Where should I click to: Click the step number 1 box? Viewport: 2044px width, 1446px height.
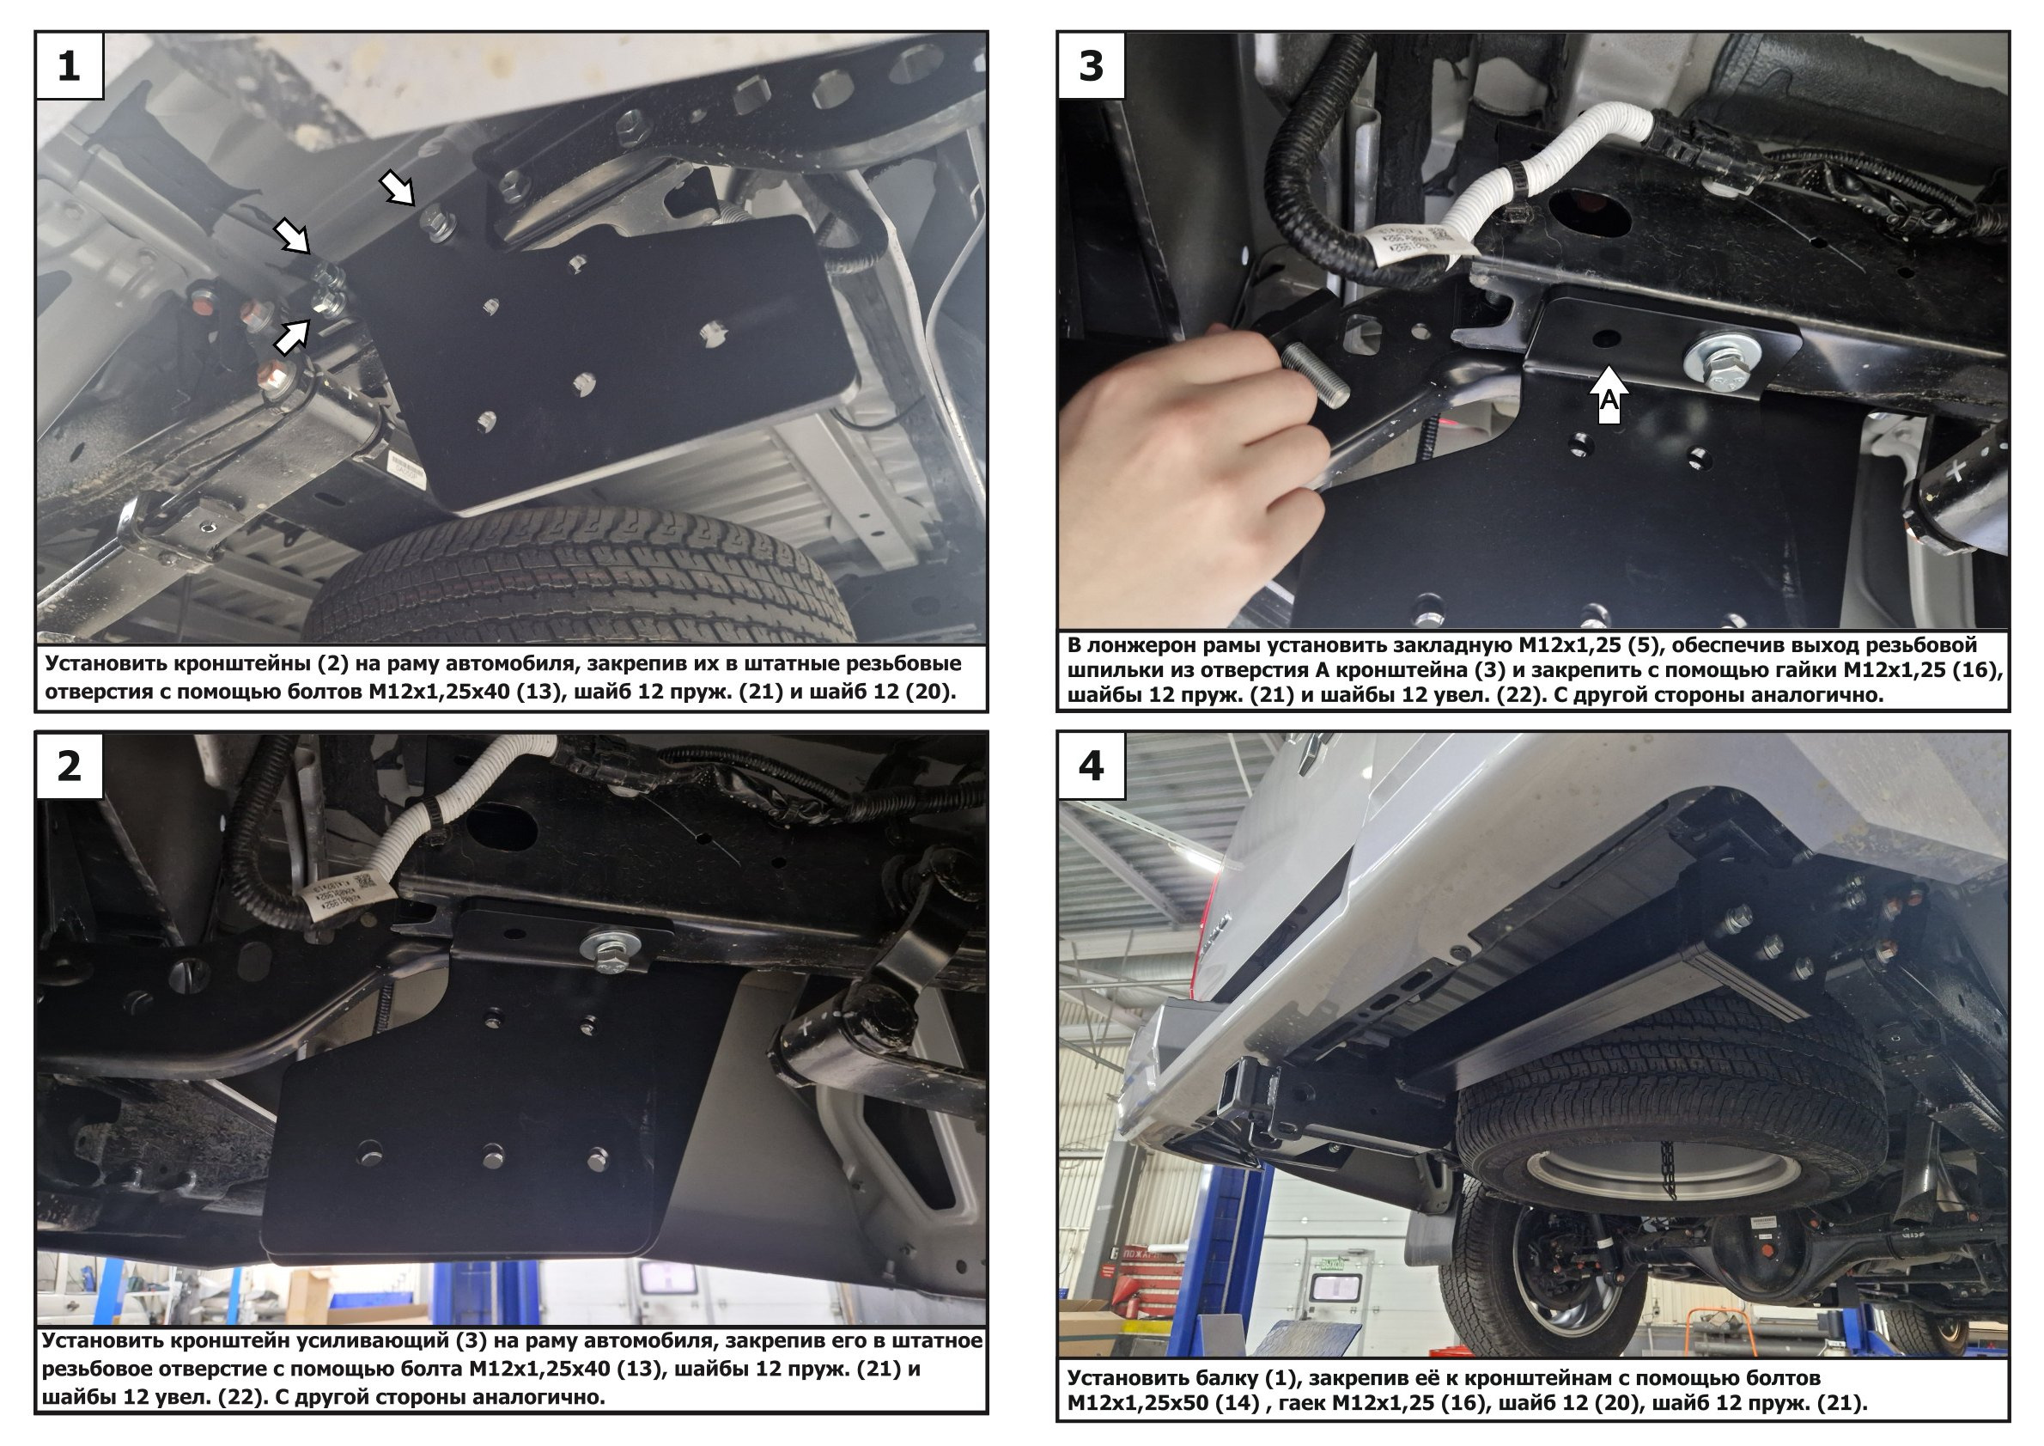click(69, 66)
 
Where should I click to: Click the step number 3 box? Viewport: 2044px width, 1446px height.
click(1092, 66)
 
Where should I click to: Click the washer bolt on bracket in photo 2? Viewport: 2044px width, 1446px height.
click(611, 947)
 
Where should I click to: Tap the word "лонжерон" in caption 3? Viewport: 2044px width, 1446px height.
click(1158, 644)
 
